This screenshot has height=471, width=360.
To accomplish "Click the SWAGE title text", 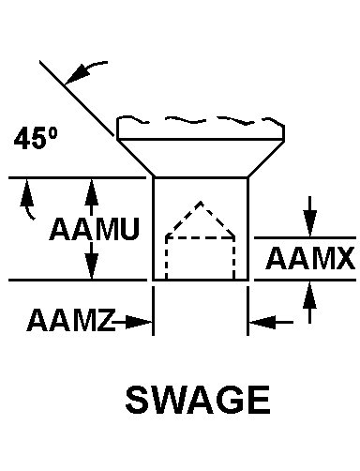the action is pyautogui.click(x=198, y=400).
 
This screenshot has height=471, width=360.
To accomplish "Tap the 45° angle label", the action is pyautogui.click(x=36, y=138).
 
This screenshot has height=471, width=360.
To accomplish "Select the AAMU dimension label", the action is pyautogui.click(x=94, y=229).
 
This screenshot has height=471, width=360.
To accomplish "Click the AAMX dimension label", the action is pyautogui.click(x=310, y=258).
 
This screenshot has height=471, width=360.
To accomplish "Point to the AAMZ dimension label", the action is pyautogui.click(x=71, y=320).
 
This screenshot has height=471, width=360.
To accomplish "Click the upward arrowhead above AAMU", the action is pyautogui.click(x=91, y=192).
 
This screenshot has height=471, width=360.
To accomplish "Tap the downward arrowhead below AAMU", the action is pyautogui.click(x=91, y=265).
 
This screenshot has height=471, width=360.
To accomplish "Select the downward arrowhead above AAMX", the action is pyautogui.click(x=309, y=223).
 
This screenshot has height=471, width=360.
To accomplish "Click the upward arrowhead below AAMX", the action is pyautogui.click(x=309, y=296).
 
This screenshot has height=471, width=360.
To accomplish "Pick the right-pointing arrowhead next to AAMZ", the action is pyautogui.click(x=138, y=322).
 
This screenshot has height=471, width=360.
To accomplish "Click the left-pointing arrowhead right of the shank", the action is pyautogui.click(x=262, y=322).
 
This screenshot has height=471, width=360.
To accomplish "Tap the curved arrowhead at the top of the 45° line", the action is pyautogui.click(x=75, y=75).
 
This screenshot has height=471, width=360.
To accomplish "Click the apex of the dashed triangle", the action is pyautogui.click(x=201, y=203).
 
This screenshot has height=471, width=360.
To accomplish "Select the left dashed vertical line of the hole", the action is pyautogui.click(x=167, y=258).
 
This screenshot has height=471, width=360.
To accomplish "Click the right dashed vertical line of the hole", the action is pyautogui.click(x=233, y=258).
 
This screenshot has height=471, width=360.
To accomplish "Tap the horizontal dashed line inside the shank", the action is pyautogui.click(x=200, y=238).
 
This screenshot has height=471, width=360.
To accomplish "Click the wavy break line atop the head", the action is pyautogui.click(x=200, y=121).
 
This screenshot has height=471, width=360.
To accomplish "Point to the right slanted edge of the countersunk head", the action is pyautogui.click(x=266, y=159).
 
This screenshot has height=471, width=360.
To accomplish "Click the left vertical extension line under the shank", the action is pyautogui.click(x=153, y=311).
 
